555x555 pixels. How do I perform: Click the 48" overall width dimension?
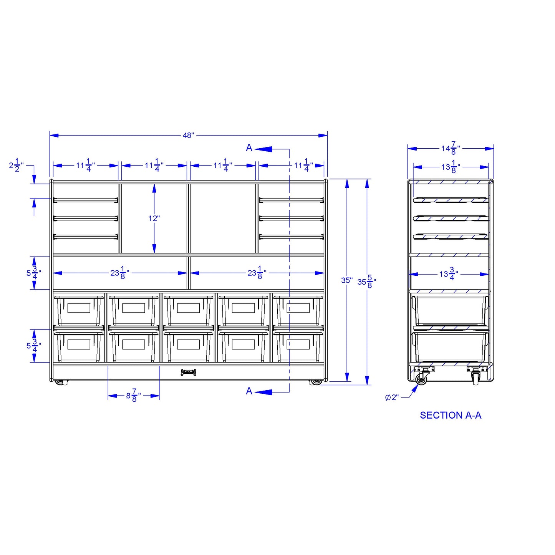pos(188,135)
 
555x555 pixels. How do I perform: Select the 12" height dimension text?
pos(154,219)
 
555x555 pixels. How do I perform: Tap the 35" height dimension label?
pos(347,280)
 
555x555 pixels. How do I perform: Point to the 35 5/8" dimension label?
pos(367,282)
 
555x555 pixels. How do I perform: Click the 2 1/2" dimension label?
pos(17,166)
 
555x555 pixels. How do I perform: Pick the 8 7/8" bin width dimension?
pos(134,396)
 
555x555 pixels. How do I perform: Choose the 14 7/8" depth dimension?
pos(451,148)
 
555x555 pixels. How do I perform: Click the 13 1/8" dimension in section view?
pos(451,167)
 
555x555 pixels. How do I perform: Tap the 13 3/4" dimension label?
pos(449,274)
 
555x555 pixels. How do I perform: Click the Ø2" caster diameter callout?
pos(392,398)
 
